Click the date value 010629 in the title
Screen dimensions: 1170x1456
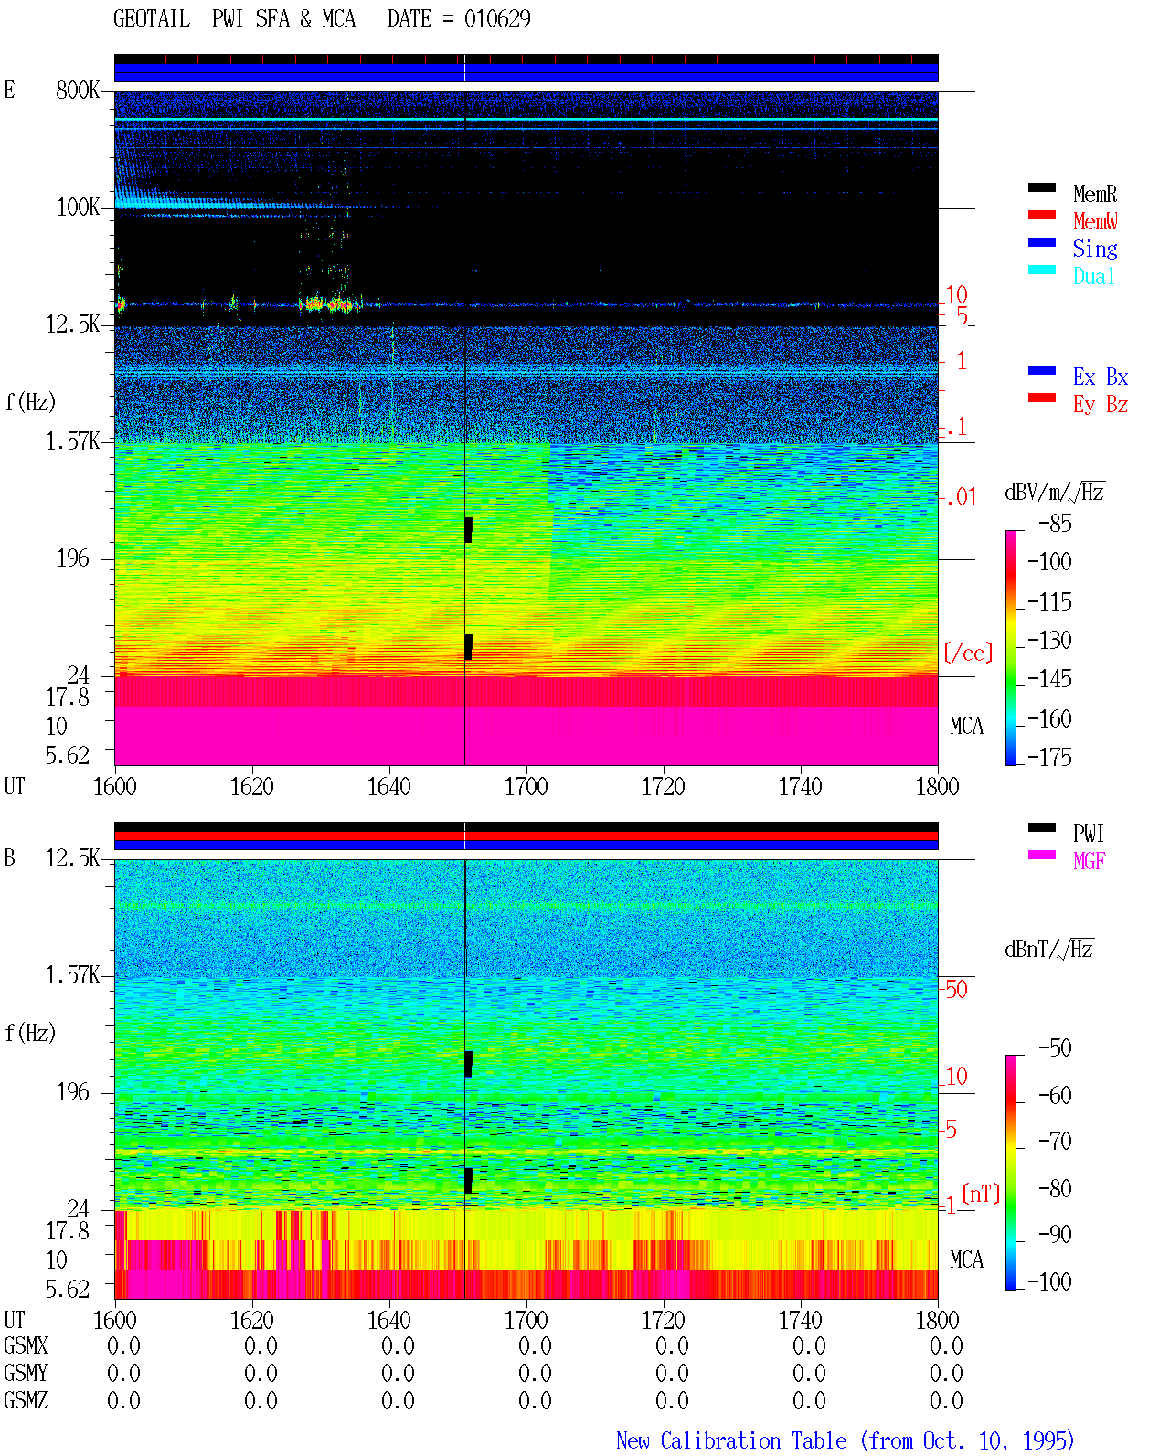point(497,19)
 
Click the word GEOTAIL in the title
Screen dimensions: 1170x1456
point(152,19)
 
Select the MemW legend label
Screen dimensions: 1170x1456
point(1095,221)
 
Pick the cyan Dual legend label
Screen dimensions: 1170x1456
point(1094,276)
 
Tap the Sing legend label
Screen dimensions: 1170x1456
point(1095,249)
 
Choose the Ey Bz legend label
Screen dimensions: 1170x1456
point(1101,405)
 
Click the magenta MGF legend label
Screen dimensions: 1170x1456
point(1089,861)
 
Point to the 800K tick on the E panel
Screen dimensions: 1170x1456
point(78,90)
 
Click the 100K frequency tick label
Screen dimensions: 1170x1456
point(78,207)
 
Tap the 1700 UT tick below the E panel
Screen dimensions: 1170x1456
point(526,787)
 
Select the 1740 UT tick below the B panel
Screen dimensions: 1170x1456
point(801,1320)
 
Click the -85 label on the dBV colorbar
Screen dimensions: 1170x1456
point(1055,523)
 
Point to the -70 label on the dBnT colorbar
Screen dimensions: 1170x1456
point(1055,1142)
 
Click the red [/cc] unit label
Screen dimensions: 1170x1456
point(968,653)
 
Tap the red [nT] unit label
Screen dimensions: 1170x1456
point(981,1193)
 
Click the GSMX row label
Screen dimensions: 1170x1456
point(26,1345)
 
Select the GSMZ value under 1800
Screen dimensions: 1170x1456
point(946,1400)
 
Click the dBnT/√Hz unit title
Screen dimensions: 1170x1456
point(1048,949)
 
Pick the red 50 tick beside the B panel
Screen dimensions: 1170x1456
point(956,990)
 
